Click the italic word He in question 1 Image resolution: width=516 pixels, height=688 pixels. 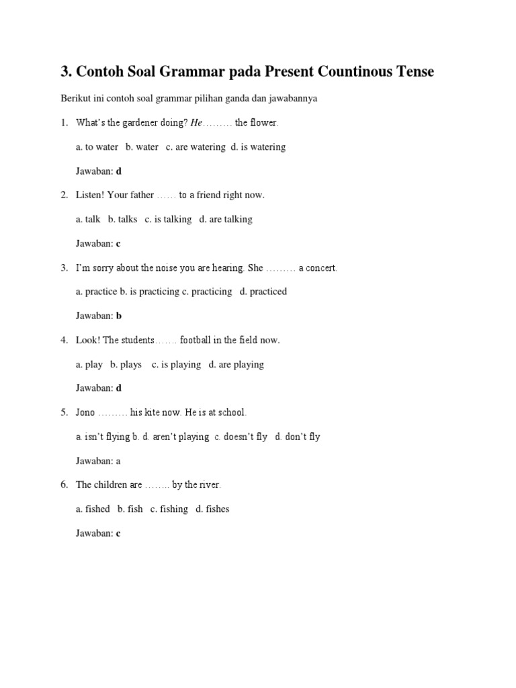[x=196, y=123]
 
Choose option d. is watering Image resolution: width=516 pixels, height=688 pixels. [x=259, y=147]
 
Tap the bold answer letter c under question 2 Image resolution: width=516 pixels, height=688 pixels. [x=118, y=244]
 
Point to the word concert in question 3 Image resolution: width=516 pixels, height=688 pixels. [x=321, y=268]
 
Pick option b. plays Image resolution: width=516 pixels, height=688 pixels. [x=126, y=365]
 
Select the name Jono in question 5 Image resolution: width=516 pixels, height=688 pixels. [x=85, y=413]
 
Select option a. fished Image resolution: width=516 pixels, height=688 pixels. [x=93, y=509]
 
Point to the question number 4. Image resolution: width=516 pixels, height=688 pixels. [x=64, y=341]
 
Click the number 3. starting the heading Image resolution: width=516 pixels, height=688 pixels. [x=66, y=72]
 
